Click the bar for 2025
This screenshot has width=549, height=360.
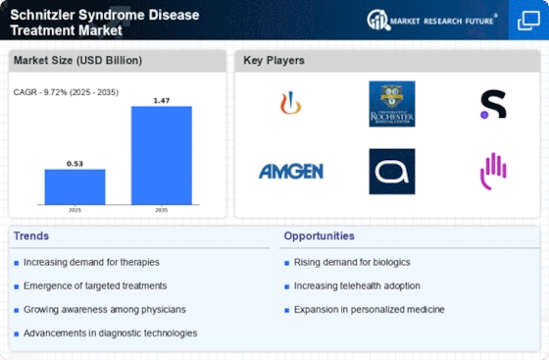coord(75,186)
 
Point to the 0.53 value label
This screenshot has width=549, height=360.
coord(75,164)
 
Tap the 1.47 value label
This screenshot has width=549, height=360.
coord(162,100)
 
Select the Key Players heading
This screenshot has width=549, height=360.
coord(274,60)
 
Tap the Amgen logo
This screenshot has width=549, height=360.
coord(290,172)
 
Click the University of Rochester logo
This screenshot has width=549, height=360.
coord(391,103)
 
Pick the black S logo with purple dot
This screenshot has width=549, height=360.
coord(493,104)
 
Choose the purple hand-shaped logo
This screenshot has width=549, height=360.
coord(493,172)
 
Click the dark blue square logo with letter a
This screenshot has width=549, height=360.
coord(391,172)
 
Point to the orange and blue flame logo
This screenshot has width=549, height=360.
coord(290,103)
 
